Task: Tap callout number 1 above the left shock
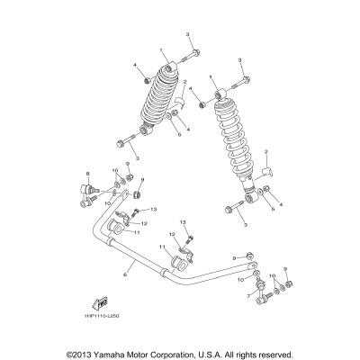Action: click(x=161, y=50)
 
